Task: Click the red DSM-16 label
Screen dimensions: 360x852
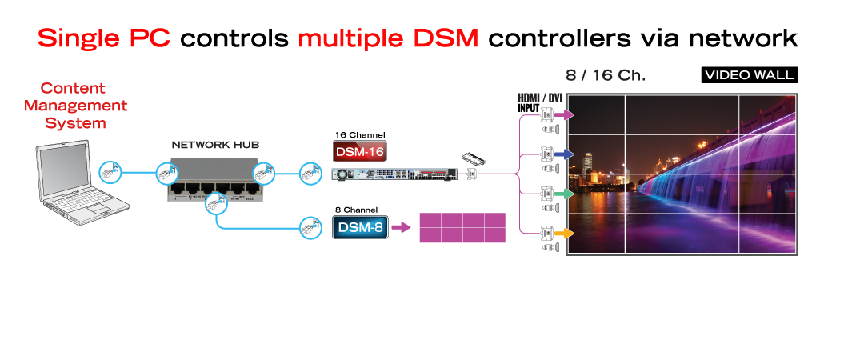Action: tap(359, 152)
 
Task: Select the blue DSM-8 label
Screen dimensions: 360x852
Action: tap(359, 228)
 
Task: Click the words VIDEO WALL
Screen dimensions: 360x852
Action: tap(749, 75)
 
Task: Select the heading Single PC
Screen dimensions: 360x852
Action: tap(103, 38)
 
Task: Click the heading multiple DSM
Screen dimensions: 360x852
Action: tap(388, 38)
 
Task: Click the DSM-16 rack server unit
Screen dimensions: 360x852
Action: tap(394, 173)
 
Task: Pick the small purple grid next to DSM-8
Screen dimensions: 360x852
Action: tap(462, 227)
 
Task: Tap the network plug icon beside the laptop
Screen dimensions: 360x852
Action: tap(110, 171)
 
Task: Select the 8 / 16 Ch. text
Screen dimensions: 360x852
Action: tap(605, 76)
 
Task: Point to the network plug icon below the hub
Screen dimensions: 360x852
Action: tap(214, 205)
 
